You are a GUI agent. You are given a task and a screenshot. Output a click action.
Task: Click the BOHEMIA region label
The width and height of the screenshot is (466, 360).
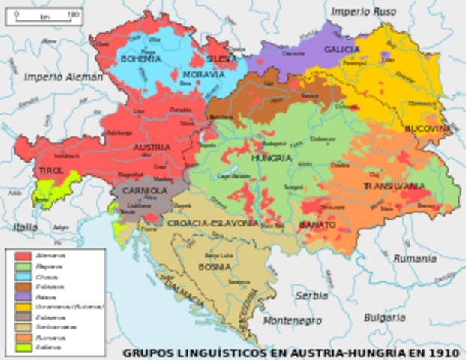140,58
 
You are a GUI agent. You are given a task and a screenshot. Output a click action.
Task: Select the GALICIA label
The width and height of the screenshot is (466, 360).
341,49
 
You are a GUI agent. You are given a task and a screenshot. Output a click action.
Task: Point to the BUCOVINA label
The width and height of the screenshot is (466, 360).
428,129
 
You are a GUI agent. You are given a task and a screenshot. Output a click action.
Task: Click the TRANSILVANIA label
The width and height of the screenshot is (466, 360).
394,185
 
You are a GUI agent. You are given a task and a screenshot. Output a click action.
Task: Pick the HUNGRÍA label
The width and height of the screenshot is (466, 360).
271,159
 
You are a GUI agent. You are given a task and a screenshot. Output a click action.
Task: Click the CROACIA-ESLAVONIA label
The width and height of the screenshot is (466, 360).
212,223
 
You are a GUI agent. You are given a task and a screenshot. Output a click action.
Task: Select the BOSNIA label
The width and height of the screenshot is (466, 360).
215,266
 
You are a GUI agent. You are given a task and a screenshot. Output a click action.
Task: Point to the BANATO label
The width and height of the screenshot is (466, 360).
317,225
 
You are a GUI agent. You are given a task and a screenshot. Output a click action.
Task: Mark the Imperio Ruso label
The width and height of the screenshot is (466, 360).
363,12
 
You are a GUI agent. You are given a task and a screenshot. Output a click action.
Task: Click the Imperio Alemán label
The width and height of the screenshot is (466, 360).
63,76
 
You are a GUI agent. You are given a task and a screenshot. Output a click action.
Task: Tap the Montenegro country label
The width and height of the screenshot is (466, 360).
293,321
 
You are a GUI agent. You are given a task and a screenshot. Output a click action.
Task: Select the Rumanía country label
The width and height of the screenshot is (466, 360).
415,257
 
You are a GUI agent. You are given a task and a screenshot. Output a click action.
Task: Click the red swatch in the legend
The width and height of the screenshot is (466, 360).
23,256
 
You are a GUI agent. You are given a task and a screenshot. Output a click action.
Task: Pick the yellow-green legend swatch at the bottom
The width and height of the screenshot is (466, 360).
23,346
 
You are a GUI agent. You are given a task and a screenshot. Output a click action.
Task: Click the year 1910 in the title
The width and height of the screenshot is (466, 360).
445,352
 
